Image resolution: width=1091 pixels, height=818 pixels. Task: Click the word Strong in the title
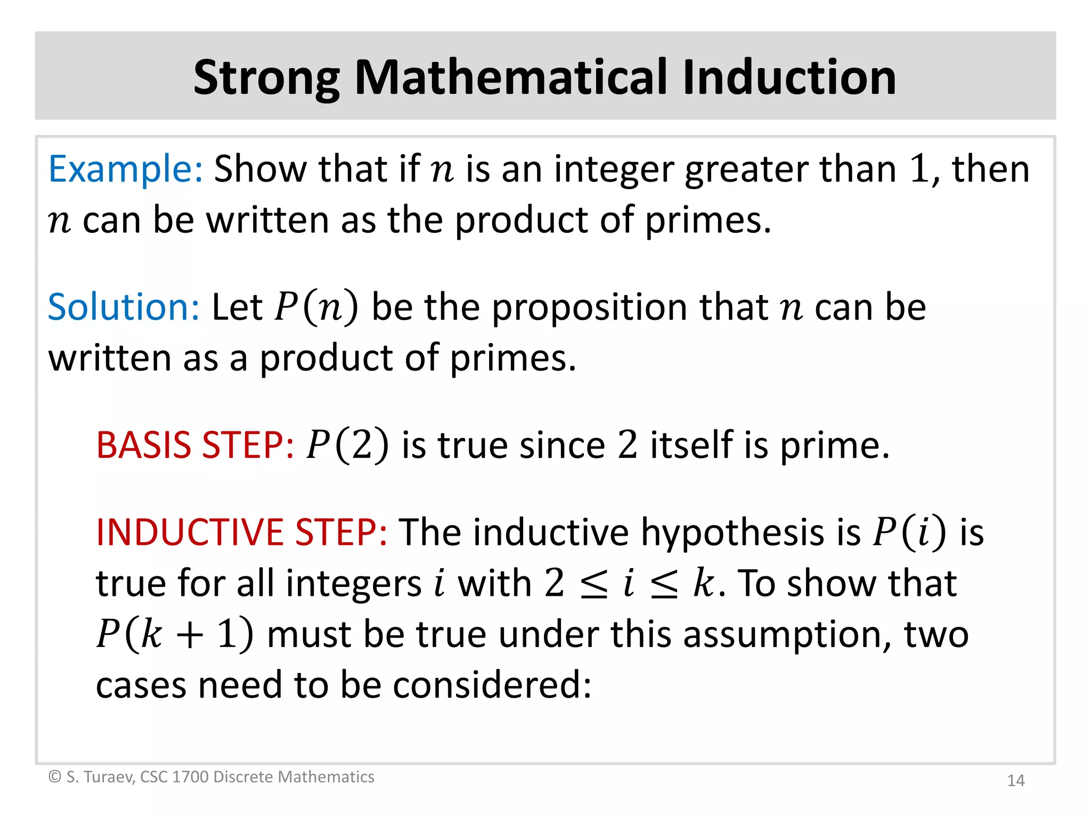point(266,79)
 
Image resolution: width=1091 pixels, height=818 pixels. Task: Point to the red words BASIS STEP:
point(195,445)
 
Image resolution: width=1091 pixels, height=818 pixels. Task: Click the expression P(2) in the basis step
point(347,445)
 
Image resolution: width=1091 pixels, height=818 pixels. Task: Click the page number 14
point(1015,781)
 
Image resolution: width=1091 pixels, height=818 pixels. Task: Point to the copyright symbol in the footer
point(54,777)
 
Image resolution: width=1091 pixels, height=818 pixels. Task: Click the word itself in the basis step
point(690,445)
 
